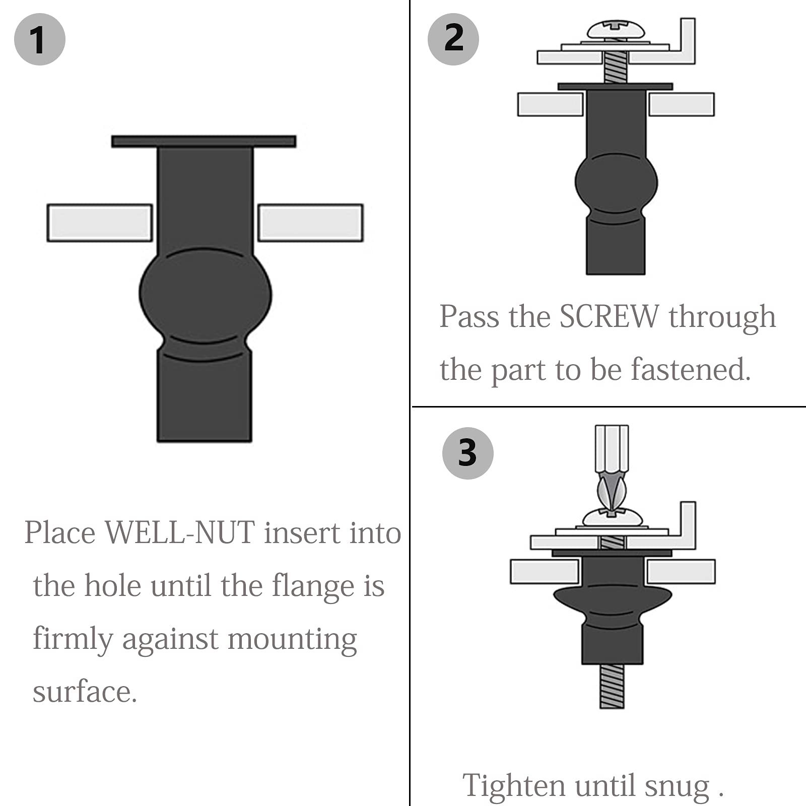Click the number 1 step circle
click(39, 40)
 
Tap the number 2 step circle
click(453, 39)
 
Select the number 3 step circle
click(467, 453)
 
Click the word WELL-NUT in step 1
click(180, 533)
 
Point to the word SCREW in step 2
click(609, 317)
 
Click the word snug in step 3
click(677, 787)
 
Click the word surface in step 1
click(84, 692)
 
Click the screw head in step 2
click(616, 30)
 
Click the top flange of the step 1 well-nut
click(204, 141)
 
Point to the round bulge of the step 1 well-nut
click(205, 295)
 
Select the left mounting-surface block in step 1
click(100, 223)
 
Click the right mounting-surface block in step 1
click(310, 223)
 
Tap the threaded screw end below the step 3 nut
click(612, 686)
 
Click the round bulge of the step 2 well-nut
click(616, 182)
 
